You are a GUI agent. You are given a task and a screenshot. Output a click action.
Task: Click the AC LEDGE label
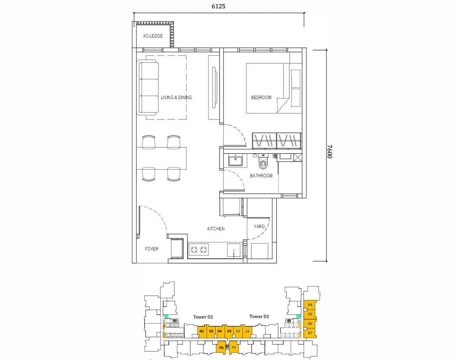[x=153, y=36]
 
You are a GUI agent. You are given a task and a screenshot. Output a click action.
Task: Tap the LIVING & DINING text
[x=176, y=98]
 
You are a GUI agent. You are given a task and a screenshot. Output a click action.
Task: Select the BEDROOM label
[x=261, y=98]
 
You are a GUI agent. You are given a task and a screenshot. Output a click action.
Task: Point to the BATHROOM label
[x=261, y=176]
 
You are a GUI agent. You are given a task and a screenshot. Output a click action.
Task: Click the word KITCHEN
[x=216, y=229]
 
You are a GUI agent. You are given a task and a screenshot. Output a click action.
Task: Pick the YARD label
[x=259, y=226]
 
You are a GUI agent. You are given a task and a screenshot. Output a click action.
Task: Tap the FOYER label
[x=151, y=249]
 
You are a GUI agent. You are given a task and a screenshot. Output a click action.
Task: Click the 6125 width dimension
[x=218, y=6]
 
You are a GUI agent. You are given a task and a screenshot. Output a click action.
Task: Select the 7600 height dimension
[x=330, y=152]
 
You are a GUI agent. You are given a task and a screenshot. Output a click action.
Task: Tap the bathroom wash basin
[x=236, y=160]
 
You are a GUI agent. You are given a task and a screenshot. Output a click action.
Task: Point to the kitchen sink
[x=234, y=250]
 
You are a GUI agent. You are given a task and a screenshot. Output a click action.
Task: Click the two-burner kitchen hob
[x=199, y=249]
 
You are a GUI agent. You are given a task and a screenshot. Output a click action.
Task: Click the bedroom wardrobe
[x=276, y=140]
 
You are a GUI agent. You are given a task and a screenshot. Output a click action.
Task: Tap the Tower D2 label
[x=203, y=317]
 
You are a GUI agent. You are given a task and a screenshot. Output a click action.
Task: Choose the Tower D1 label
[x=259, y=316]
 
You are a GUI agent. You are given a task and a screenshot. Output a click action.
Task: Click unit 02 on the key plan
[x=202, y=331]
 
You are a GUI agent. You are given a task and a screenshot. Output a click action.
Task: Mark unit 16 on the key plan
[x=247, y=331]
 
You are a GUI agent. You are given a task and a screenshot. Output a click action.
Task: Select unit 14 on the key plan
[x=234, y=347]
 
